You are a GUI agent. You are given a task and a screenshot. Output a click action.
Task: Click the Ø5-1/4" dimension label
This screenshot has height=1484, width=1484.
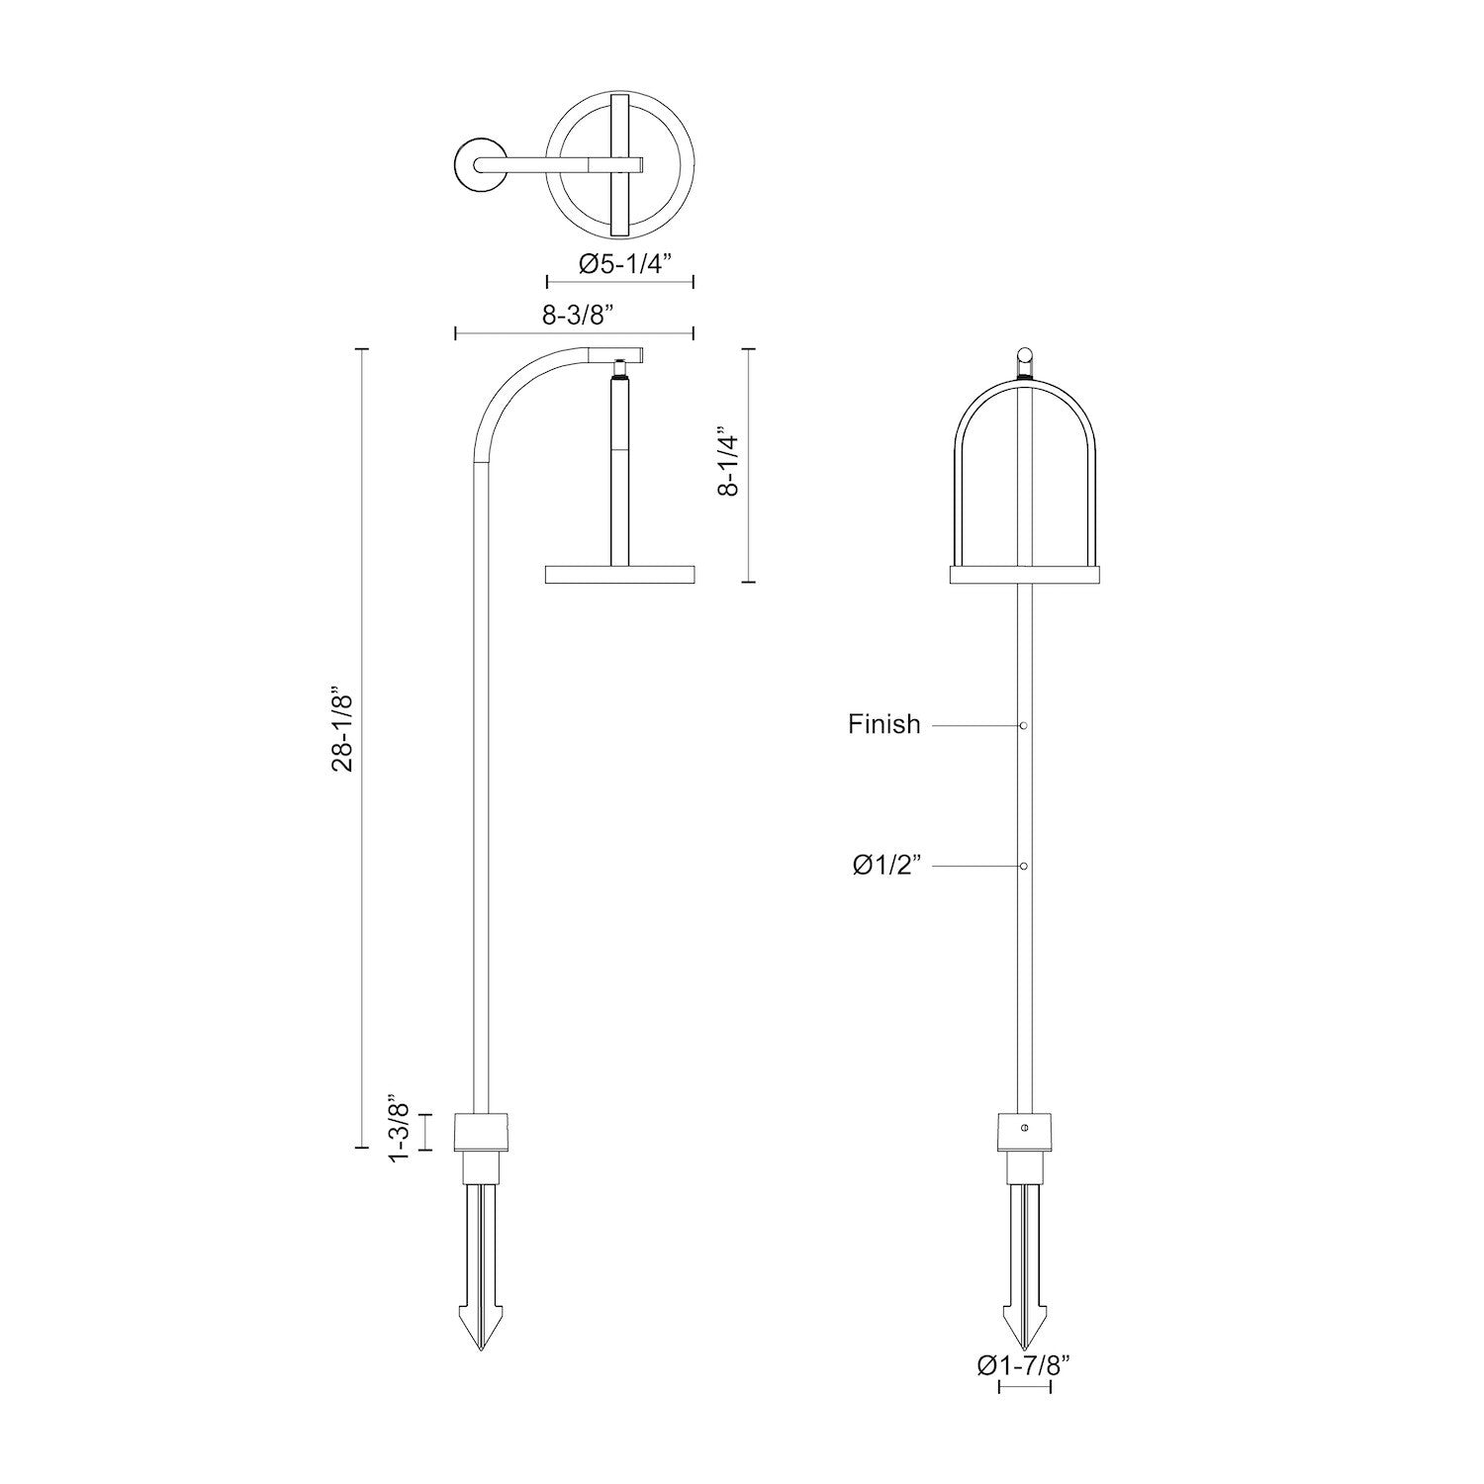pyautogui.click(x=624, y=264)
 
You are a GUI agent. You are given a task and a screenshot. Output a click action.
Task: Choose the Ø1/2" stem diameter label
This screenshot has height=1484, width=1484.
pyautogui.click(x=887, y=866)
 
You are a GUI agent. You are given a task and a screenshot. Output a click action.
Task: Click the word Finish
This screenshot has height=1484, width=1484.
pyautogui.click(x=883, y=724)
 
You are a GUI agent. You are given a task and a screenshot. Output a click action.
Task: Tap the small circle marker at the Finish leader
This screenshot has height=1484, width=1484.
pyautogui.click(x=1024, y=726)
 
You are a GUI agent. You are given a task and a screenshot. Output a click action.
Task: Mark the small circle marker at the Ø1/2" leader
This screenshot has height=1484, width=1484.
pyautogui.click(x=1024, y=867)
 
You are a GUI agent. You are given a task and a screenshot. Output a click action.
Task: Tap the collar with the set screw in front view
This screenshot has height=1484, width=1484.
pyautogui.click(x=1025, y=1129)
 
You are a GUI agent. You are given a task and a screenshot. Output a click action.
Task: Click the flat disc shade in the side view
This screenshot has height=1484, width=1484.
pyautogui.click(x=620, y=574)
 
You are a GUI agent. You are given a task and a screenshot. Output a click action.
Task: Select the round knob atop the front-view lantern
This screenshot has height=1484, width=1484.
pyautogui.click(x=1025, y=353)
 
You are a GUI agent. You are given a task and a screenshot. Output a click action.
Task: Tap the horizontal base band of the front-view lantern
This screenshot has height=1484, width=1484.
pyautogui.click(x=1024, y=574)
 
